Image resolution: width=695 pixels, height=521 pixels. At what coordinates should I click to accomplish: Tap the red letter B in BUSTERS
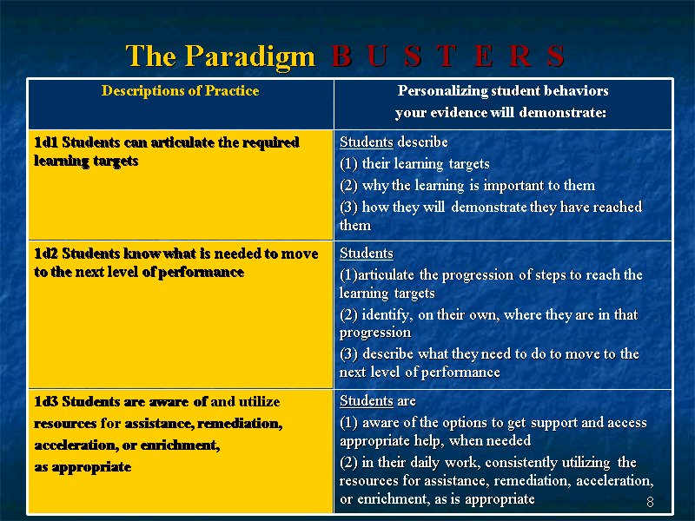click(x=341, y=56)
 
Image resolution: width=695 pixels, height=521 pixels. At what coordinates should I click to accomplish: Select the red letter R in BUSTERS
click(x=520, y=56)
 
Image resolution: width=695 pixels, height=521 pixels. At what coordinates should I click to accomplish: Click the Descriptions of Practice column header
click(x=180, y=91)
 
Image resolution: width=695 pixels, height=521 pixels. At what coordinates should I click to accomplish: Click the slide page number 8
click(x=650, y=502)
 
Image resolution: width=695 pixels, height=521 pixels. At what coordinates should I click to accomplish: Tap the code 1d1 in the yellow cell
click(x=46, y=142)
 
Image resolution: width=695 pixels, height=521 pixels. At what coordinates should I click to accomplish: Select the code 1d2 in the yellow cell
click(x=46, y=254)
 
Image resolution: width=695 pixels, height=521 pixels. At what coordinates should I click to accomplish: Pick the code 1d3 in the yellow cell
click(x=46, y=401)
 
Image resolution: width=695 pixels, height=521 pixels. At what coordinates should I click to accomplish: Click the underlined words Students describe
click(x=394, y=142)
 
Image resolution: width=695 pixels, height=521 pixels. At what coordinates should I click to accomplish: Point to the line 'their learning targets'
click(x=426, y=164)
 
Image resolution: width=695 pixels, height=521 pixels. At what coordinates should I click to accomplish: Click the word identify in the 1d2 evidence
click(x=387, y=315)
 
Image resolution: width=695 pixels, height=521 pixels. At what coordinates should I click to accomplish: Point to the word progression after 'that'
click(x=375, y=333)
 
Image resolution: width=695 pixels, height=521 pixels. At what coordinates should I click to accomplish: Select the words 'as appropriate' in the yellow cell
click(x=83, y=467)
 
